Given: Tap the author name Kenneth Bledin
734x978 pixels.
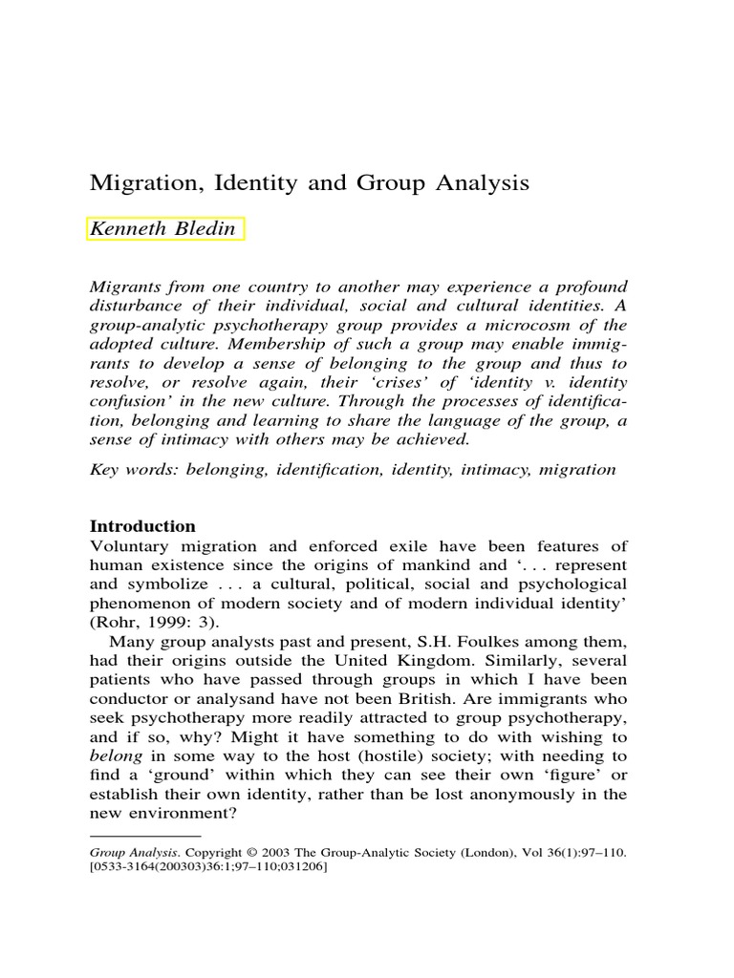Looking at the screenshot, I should (163, 229).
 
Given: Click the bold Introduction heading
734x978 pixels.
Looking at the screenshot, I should (142, 526).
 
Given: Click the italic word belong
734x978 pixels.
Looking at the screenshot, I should (114, 755).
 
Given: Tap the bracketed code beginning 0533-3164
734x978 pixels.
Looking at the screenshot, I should (207, 867).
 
